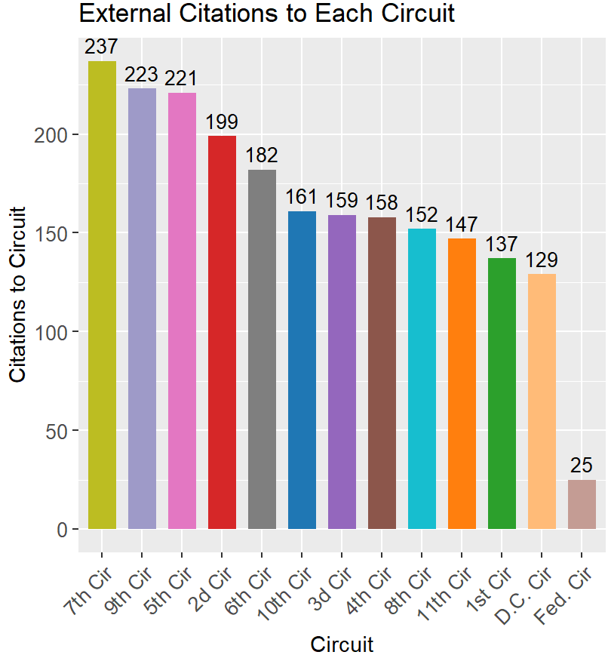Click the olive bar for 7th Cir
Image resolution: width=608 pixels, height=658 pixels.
pyautogui.click(x=102, y=295)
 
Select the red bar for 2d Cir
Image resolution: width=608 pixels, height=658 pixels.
pyautogui.click(x=222, y=333)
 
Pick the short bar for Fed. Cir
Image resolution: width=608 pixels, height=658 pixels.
pyautogui.click(x=582, y=504)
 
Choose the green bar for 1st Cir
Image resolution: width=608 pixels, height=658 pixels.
pyautogui.click(x=502, y=393)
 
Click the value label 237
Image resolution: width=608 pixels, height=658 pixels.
pyautogui.click(x=102, y=48)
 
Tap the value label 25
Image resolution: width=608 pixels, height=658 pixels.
pyautogui.click(x=582, y=466)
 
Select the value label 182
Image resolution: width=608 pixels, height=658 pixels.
pyautogui.click(x=262, y=156)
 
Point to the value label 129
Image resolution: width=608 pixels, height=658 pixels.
pyautogui.click(x=542, y=260)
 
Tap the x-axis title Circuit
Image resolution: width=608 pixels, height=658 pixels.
pyautogui.click(x=342, y=644)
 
